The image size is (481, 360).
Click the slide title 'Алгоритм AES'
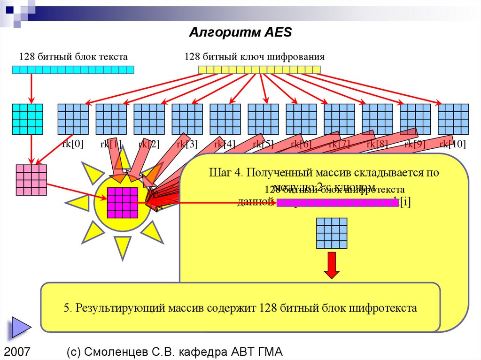pos(240,32)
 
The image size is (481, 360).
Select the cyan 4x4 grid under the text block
pos(27,119)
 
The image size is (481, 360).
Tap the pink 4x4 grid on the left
pos(31,180)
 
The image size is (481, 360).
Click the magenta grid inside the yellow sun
pos(122,203)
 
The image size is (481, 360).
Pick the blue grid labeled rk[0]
pos(73,119)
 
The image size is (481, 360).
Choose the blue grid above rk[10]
pos(453,119)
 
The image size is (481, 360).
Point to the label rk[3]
pos(187,144)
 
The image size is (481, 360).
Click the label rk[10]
pos(452,144)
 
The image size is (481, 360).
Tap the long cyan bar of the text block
pos(73,70)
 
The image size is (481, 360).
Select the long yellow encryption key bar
pos(259,70)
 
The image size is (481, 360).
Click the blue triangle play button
pos(17,327)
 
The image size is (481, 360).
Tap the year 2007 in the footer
pos(17,352)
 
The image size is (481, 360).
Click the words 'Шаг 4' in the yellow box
pos(225,172)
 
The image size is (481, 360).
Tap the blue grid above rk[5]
pos(263,119)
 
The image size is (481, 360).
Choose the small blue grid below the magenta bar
pos(332,233)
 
